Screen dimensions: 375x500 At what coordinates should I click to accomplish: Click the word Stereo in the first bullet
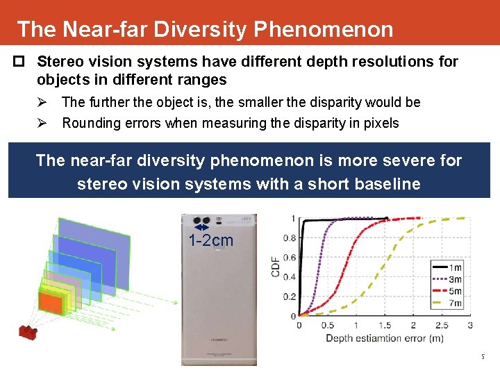[58, 62]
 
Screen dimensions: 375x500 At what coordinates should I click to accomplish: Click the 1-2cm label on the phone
[211, 241]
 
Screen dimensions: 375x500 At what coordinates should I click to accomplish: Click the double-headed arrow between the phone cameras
[201, 227]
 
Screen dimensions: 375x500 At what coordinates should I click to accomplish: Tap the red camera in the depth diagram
[27, 332]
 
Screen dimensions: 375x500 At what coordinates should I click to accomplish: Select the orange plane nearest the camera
[50, 301]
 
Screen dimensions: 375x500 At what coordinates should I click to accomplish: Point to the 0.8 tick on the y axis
[290, 238]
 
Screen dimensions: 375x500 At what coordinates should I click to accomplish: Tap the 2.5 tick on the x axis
[441, 325]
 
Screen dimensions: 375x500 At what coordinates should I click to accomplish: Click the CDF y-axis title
[276, 267]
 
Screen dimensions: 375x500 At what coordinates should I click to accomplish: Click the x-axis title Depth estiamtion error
[385, 338]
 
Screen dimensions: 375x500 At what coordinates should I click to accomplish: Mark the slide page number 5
[483, 357]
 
